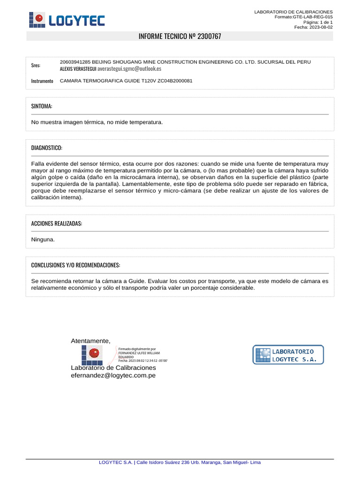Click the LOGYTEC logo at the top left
pos(67,20)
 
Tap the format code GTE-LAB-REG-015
pos(313,17)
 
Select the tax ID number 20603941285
pos(75,62)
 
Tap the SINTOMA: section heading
pos(42,106)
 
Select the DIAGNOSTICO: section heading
pos(46,148)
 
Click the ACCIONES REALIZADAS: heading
pos(56,224)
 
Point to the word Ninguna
pos(43,240)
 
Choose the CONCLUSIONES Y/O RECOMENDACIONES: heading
pos(75,265)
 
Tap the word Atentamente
pos(90,340)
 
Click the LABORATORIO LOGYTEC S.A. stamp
pos(288,354)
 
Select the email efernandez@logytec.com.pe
pos(113,375)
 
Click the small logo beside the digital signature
pos(91,355)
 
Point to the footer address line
pos(180,463)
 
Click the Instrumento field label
pos(42,81)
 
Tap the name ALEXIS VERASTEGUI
pos(78,68)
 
